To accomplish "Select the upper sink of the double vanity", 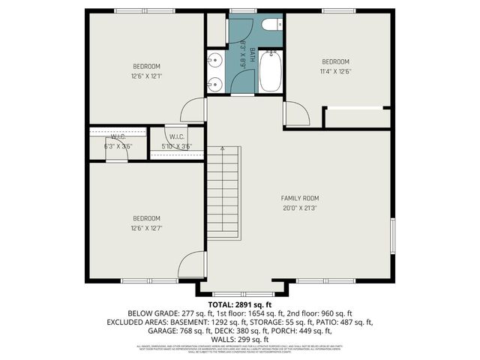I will pos(214,59).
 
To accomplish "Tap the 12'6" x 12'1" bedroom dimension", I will pos(147,75).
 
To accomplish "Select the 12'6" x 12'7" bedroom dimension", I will pos(147,228).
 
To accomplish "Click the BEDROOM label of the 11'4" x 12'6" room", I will pos(336,61).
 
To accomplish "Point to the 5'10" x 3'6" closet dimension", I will pos(176,145).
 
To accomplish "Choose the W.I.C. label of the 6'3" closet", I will pos(118,137).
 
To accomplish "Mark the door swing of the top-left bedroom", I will pos(195,110).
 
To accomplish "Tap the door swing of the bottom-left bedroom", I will pos(193,264).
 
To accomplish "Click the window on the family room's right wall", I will pos(392,237).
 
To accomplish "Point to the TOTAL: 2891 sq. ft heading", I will pos(240,304).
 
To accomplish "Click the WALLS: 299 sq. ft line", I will pos(240,340).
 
